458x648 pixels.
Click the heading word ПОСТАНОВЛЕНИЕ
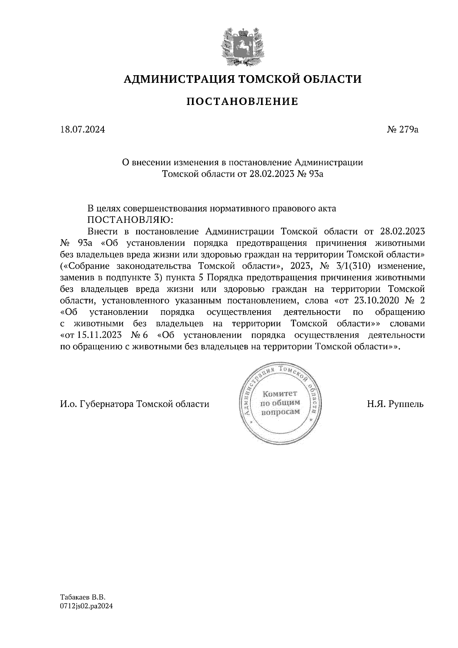coord(242,102)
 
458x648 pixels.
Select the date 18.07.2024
coord(82,130)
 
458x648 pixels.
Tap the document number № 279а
coord(403,130)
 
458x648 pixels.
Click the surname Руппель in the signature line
coord(405,404)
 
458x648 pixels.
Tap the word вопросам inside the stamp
coord(280,412)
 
